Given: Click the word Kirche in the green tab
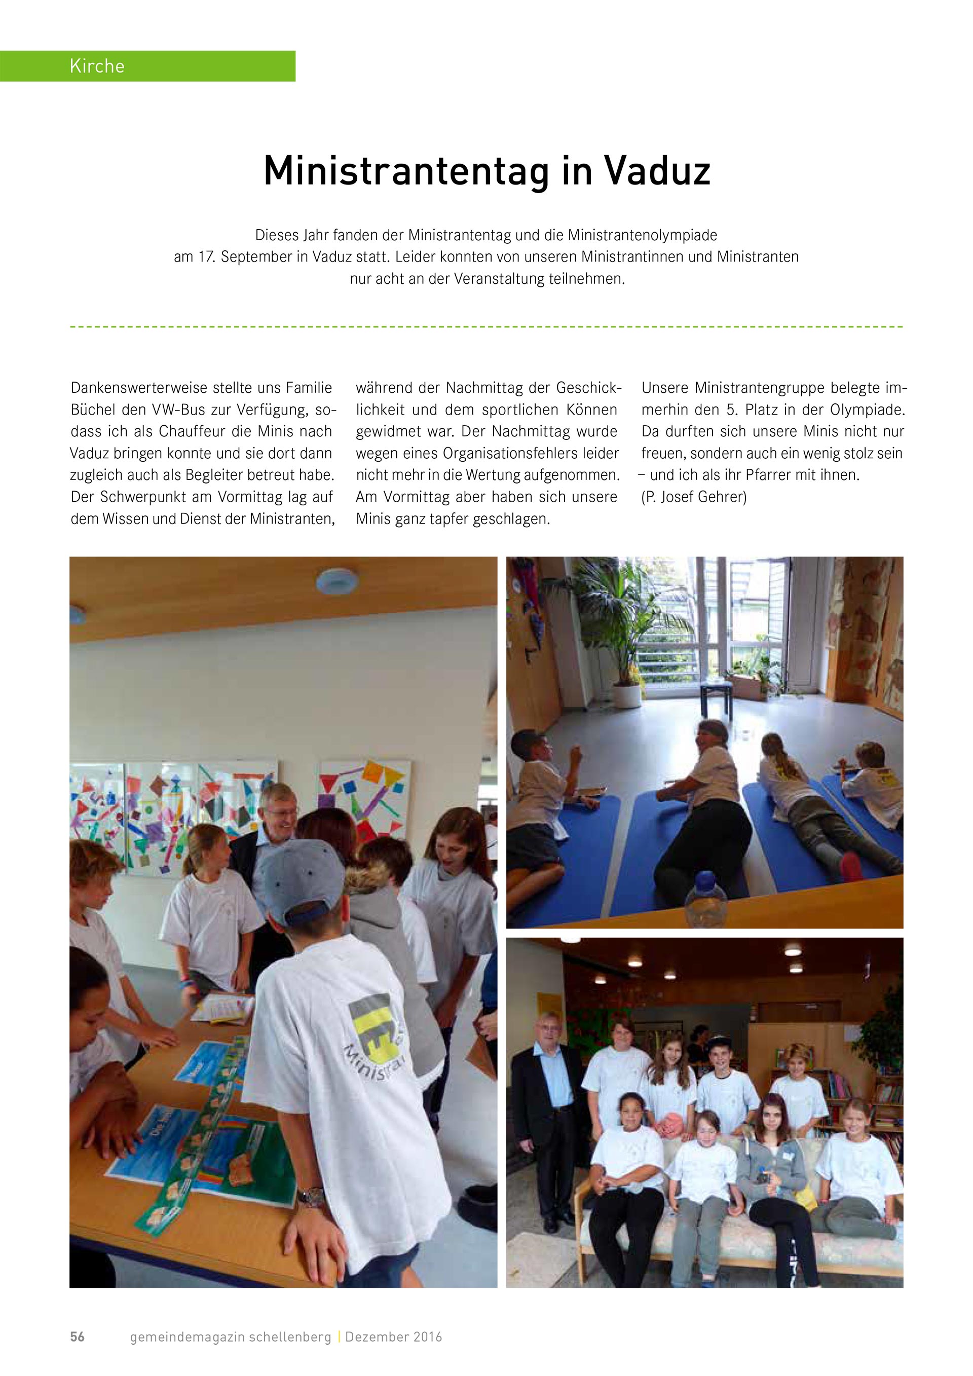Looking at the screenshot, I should tap(97, 66).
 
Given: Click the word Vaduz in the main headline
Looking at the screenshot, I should tap(656, 171).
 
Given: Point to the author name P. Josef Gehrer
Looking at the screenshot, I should tap(694, 497).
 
